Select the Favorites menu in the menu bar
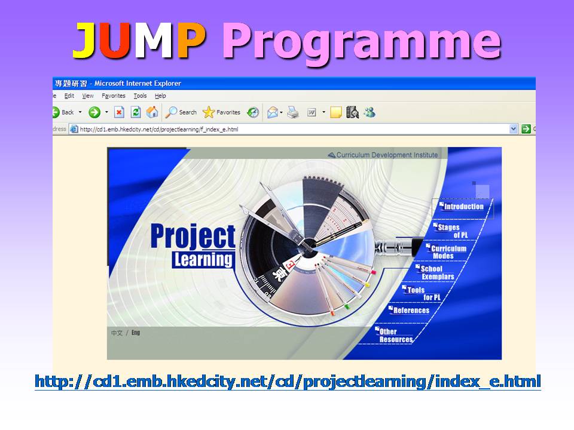click(114, 96)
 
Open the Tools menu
click(140, 96)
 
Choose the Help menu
click(160, 96)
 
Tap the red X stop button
click(119, 112)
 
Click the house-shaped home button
click(152, 112)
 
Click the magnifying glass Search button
click(181, 112)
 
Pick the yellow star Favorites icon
click(209, 112)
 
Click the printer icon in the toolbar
click(292, 112)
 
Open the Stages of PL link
click(451, 231)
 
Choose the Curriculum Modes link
click(446, 252)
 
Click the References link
click(409, 311)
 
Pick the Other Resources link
click(394, 335)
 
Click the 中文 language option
click(117, 333)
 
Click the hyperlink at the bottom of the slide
click(288, 382)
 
